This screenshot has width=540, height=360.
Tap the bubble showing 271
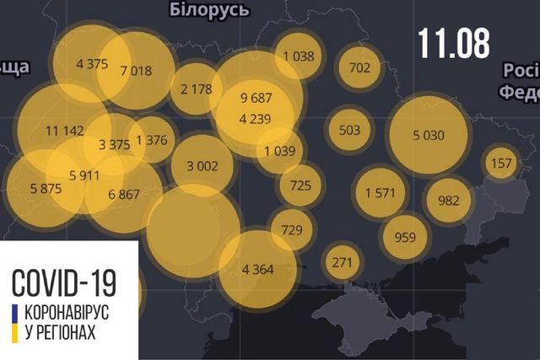[342, 262]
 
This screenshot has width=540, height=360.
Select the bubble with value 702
[359, 68]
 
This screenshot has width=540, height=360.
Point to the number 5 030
[429, 134]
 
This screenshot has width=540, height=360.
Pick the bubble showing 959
[405, 237]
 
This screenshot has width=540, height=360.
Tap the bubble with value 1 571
[380, 193]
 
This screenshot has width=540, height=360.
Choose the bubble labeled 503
[348, 130]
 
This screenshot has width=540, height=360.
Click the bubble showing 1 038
[299, 56]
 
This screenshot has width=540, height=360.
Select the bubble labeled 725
[300, 185]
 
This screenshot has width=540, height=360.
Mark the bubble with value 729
[291, 230]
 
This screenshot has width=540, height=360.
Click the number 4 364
[256, 270]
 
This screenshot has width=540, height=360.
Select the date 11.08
[453, 43]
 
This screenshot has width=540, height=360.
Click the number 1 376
[151, 141]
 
